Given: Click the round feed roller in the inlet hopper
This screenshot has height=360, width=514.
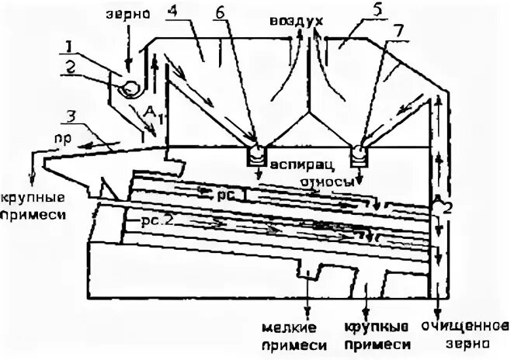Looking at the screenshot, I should pyautogui.click(x=128, y=89).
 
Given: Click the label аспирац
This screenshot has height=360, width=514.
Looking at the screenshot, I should pyautogui.click(x=297, y=164).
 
